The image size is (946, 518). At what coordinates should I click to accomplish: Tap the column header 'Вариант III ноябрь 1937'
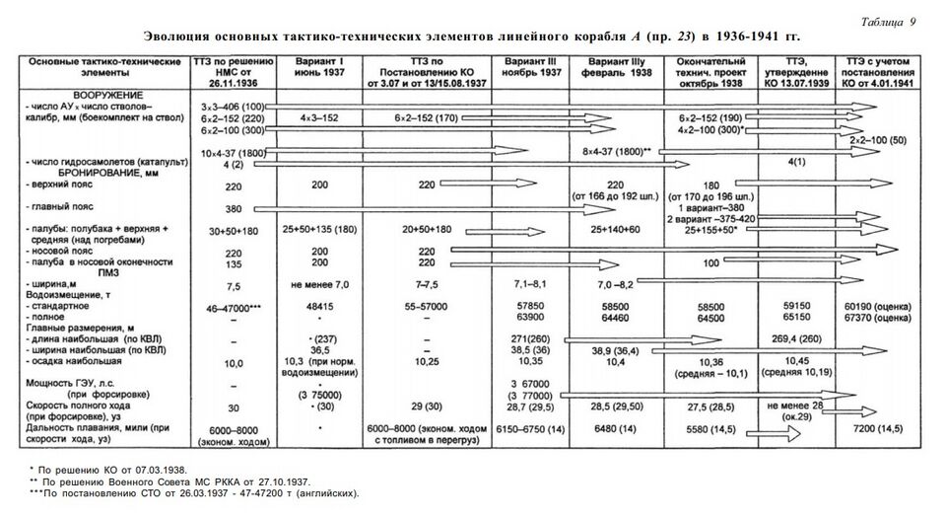[x=531, y=67]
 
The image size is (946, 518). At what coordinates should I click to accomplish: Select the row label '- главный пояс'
[x=68, y=209]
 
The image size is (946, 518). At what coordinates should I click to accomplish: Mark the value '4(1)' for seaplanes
[x=798, y=160]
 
